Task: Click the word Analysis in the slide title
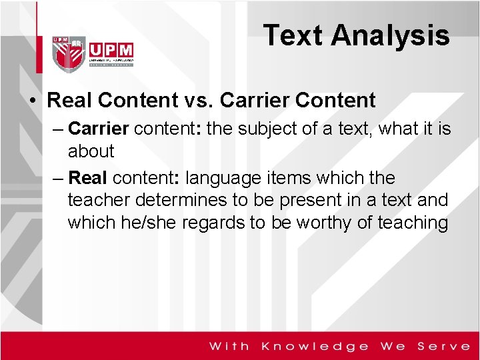(x=391, y=35)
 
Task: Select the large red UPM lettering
(x=110, y=51)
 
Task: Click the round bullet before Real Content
(x=32, y=101)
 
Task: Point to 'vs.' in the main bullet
(x=194, y=101)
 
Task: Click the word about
(x=91, y=151)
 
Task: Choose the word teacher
(x=100, y=200)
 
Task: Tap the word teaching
(x=413, y=222)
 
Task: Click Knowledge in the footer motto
(x=315, y=345)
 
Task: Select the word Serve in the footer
(x=443, y=345)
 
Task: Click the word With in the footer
(x=229, y=345)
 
